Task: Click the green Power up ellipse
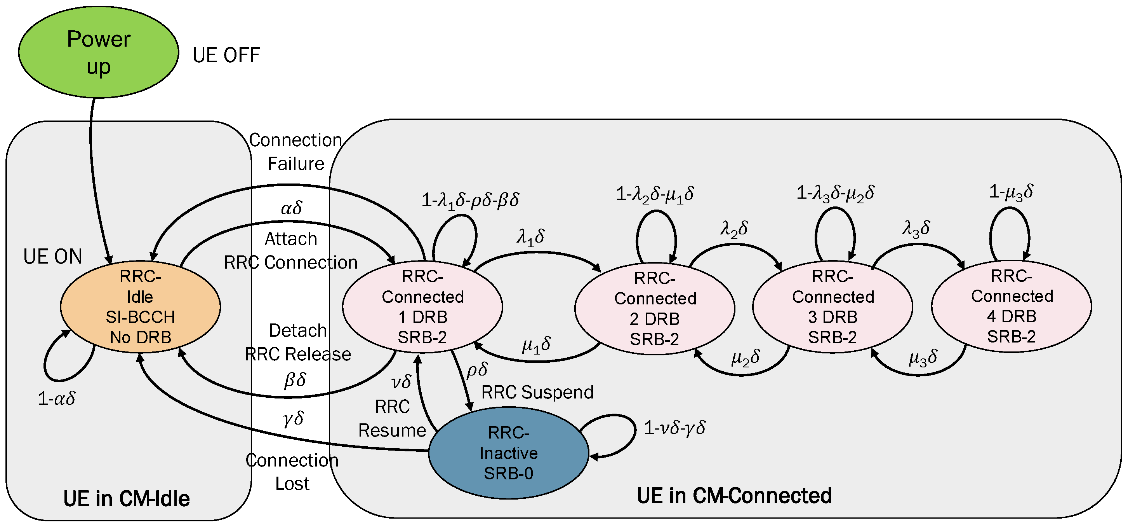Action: (x=98, y=52)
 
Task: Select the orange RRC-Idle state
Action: (x=140, y=307)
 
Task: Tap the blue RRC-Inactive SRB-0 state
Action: (x=508, y=453)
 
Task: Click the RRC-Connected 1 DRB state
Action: (x=422, y=307)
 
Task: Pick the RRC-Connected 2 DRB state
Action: (x=654, y=309)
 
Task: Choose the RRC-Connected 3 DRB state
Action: (x=833, y=307)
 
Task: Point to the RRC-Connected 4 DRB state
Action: (x=1011, y=306)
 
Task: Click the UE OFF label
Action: (x=226, y=56)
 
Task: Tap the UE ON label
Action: (x=52, y=257)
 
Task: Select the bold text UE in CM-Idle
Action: (x=126, y=498)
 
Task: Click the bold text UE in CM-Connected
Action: (x=733, y=495)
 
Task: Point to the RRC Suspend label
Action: (x=537, y=392)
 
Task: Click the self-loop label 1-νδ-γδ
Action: (x=674, y=427)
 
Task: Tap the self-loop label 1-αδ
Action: (x=56, y=398)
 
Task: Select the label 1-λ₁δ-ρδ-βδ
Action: (x=470, y=200)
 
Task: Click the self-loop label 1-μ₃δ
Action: (x=1011, y=192)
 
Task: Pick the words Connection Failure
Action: (x=295, y=152)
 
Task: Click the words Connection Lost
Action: (x=292, y=472)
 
